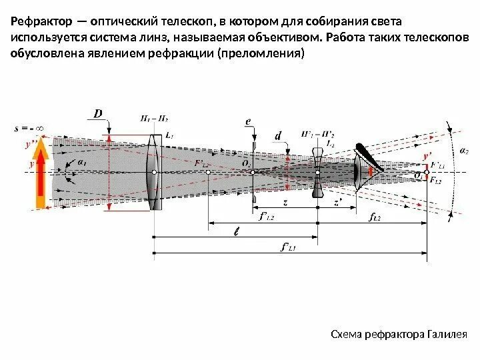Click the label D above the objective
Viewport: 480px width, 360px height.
[99, 114]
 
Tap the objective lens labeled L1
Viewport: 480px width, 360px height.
[154, 171]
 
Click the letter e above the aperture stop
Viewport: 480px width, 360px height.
[247, 121]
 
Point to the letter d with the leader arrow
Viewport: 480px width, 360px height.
[278, 136]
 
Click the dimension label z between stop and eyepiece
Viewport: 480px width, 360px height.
[285, 201]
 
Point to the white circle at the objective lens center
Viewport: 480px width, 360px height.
[154, 172]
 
